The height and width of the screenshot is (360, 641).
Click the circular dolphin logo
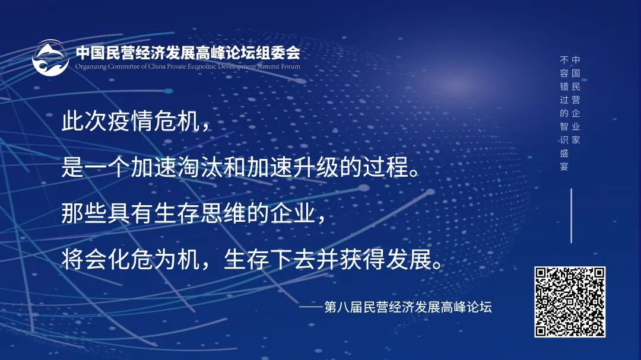click(x=50, y=58)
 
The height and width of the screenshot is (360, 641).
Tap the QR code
click(x=570, y=302)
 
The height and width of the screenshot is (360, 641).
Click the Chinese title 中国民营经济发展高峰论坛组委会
click(x=188, y=52)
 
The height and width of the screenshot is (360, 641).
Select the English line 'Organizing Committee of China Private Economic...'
click(x=188, y=66)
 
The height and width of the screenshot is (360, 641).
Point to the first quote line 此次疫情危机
click(x=135, y=123)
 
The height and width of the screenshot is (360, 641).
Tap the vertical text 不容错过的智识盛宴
click(x=564, y=113)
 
